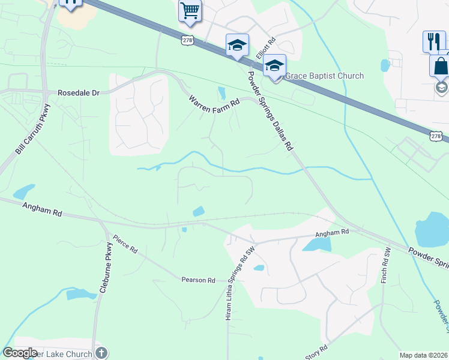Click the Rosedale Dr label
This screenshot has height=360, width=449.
[x=78, y=93]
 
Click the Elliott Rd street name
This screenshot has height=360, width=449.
[x=265, y=48]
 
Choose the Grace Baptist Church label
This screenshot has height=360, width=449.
[x=324, y=76]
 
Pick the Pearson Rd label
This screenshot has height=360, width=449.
[x=199, y=280]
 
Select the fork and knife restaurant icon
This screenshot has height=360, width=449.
[x=434, y=41]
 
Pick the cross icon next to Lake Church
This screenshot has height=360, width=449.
[x=101, y=353]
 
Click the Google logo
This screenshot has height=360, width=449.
[x=20, y=353]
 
